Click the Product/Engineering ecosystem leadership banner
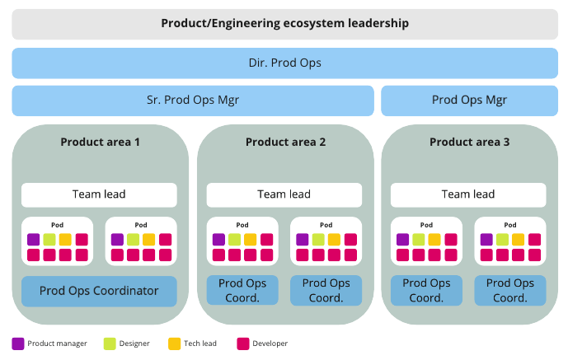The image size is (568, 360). [x=284, y=24]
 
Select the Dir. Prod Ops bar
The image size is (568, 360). [x=284, y=63]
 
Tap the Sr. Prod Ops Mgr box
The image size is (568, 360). [x=192, y=101]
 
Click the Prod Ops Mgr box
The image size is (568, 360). [x=469, y=101]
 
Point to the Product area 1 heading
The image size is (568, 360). [x=100, y=142]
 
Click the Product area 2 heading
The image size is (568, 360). [x=285, y=142]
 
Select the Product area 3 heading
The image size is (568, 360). [x=469, y=142]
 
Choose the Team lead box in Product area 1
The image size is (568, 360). [x=100, y=194]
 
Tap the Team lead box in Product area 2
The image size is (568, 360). [x=284, y=194]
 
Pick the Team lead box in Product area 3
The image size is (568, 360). [x=468, y=194]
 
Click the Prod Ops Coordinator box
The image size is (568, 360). [x=100, y=291]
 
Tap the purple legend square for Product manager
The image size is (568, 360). [x=18, y=344]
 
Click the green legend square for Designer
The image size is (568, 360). [x=110, y=344]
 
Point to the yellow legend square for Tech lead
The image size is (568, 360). [x=173, y=344]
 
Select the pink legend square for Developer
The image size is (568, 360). [x=242, y=344]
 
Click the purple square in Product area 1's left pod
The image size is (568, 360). [x=33, y=240]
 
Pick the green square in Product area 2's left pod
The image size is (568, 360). [x=234, y=240]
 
